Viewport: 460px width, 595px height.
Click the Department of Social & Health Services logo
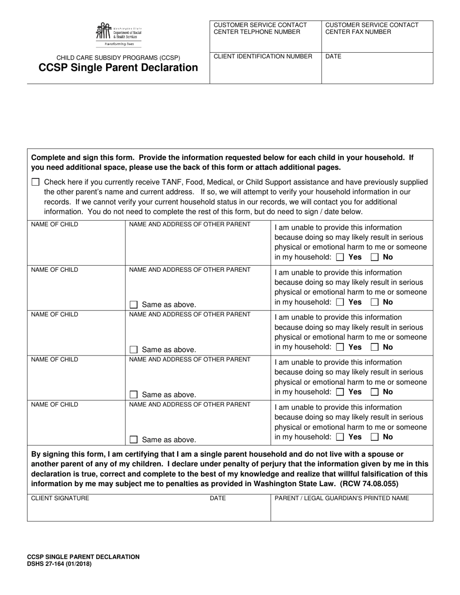click(x=118, y=34)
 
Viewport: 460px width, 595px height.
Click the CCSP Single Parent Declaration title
click(x=118, y=68)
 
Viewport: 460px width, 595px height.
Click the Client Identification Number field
click(x=265, y=70)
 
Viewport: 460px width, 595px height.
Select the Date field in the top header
click(x=377, y=70)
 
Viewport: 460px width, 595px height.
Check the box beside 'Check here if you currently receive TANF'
click(x=35, y=182)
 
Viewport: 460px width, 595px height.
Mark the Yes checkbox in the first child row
click(x=340, y=257)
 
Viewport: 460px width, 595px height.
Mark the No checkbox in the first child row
click(x=375, y=257)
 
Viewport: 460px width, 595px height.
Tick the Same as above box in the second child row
click(x=134, y=305)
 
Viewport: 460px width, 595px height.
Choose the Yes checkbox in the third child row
click(x=340, y=347)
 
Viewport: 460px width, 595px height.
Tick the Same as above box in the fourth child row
click(x=134, y=395)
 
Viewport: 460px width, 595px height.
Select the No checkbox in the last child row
click(x=375, y=437)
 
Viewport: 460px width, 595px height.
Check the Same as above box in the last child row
click(x=134, y=440)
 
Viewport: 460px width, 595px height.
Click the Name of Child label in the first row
click(x=54, y=224)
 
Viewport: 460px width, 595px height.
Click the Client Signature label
click(x=60, y=498)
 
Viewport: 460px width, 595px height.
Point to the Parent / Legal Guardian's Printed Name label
click(x=341, y=498)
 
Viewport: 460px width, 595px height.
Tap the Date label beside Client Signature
click(x=217, y=498)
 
